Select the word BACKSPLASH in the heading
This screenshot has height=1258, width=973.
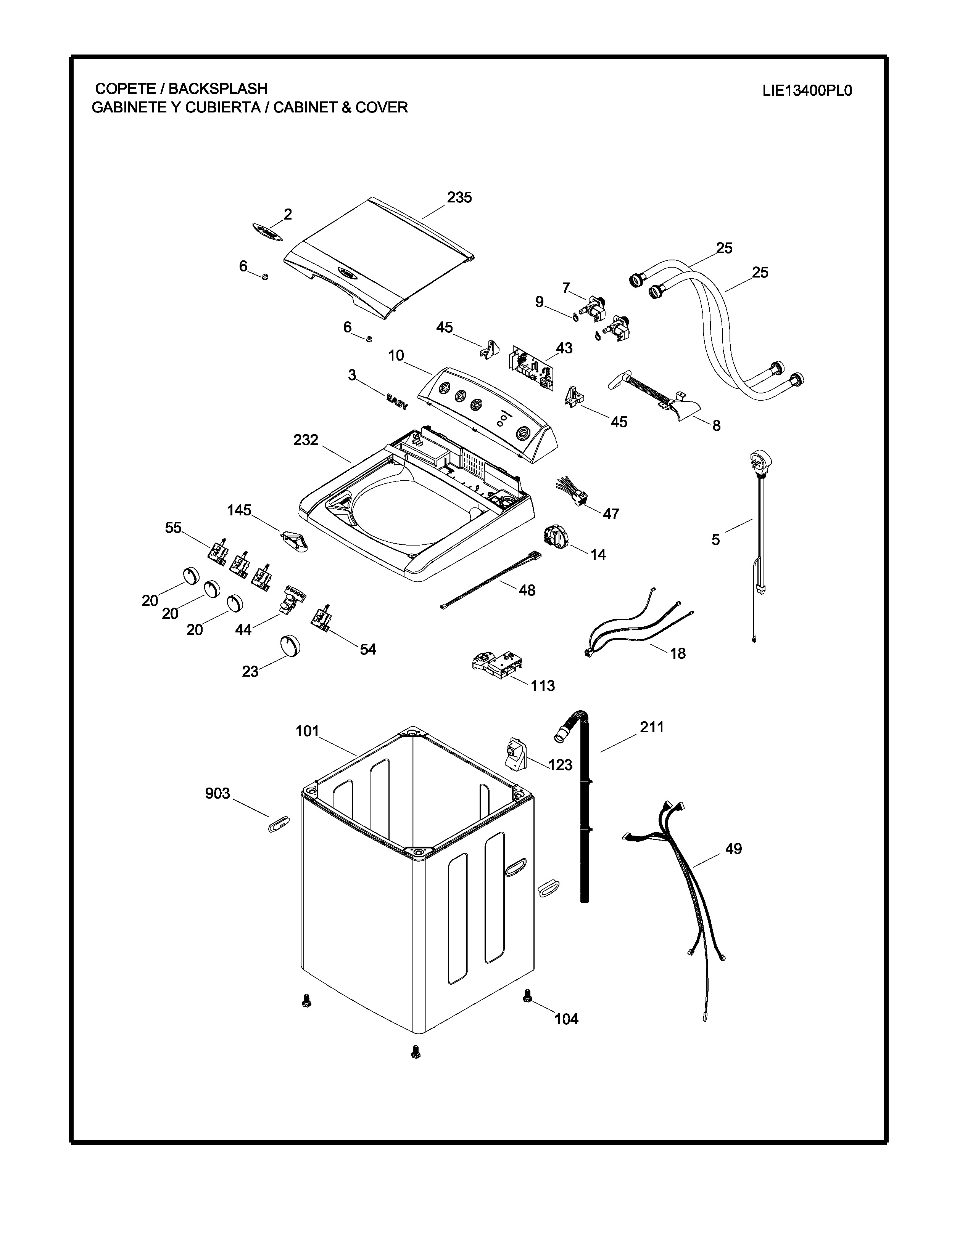[x=218, y=89]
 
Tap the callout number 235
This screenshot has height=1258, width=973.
[x=459, y=197]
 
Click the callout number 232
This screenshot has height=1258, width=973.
[x=306, y=440]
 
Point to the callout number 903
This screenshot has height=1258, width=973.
[x=217, y=794]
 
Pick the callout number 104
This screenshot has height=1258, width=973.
[x=566, y=1019]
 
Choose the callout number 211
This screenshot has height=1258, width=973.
[x=652, y=727]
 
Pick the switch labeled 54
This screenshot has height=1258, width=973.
[x=322, y=619]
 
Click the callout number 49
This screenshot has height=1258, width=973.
[x=733, y=849]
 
